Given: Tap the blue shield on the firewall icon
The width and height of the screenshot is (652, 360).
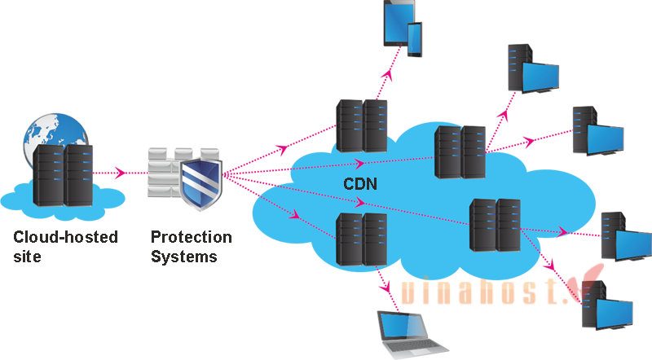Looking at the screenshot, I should (199, 183).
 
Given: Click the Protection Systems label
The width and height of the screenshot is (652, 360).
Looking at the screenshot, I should (191, 246).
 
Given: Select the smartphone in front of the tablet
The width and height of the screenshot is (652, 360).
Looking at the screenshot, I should (415, 38).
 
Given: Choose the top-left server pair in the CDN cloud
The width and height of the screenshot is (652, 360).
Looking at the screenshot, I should (362, 126).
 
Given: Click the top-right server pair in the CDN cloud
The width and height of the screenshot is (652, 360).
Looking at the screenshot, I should (460, 151).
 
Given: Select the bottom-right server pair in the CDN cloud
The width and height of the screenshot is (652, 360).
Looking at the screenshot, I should (495, 225).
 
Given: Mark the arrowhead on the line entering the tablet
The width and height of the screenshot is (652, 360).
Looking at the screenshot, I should (390, 72).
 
